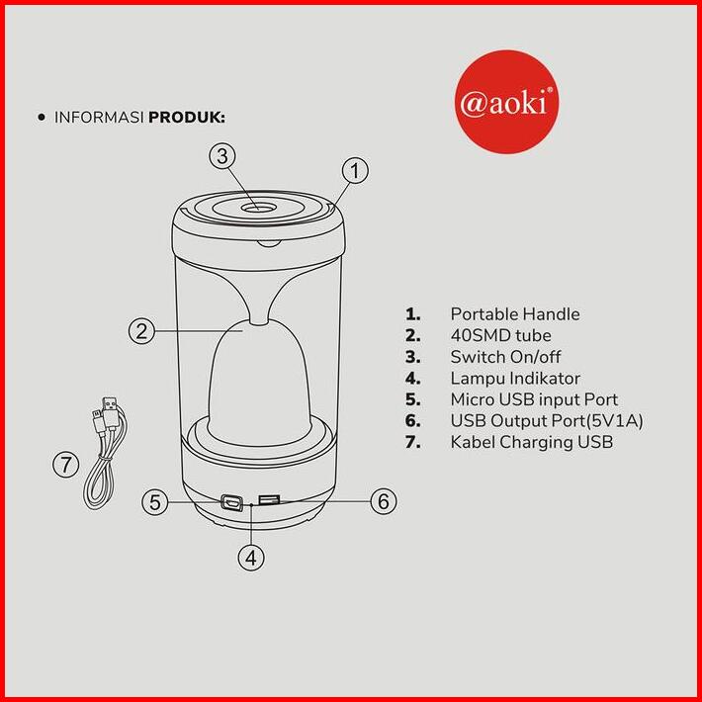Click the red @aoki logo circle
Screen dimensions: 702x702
pos(506,102)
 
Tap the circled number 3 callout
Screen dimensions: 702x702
pos(222,156)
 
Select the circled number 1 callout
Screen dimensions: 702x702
pos(355,171)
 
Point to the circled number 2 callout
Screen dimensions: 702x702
pos(141,331)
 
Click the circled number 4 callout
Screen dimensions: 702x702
pos(251,558)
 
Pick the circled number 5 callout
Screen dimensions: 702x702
pos(155,502)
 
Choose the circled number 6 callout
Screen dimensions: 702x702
pos(384,501)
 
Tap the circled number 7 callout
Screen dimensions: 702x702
pos(66,465)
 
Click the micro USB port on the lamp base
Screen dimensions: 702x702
pos(232,502)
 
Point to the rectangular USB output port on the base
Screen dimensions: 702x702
pos(269,499)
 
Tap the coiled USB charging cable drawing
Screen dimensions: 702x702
pos(107,452)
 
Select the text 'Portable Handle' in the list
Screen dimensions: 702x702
pos(515,314)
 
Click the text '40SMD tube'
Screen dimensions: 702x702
pos(500,335)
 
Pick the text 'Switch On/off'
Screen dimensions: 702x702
pos(505,357)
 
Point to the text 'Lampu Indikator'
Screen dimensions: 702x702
pos(515,379)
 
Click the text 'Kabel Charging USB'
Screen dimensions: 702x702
pos(531,442)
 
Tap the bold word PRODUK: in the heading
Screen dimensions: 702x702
pos(187,118)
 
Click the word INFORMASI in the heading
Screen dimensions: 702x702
pos(99,118)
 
